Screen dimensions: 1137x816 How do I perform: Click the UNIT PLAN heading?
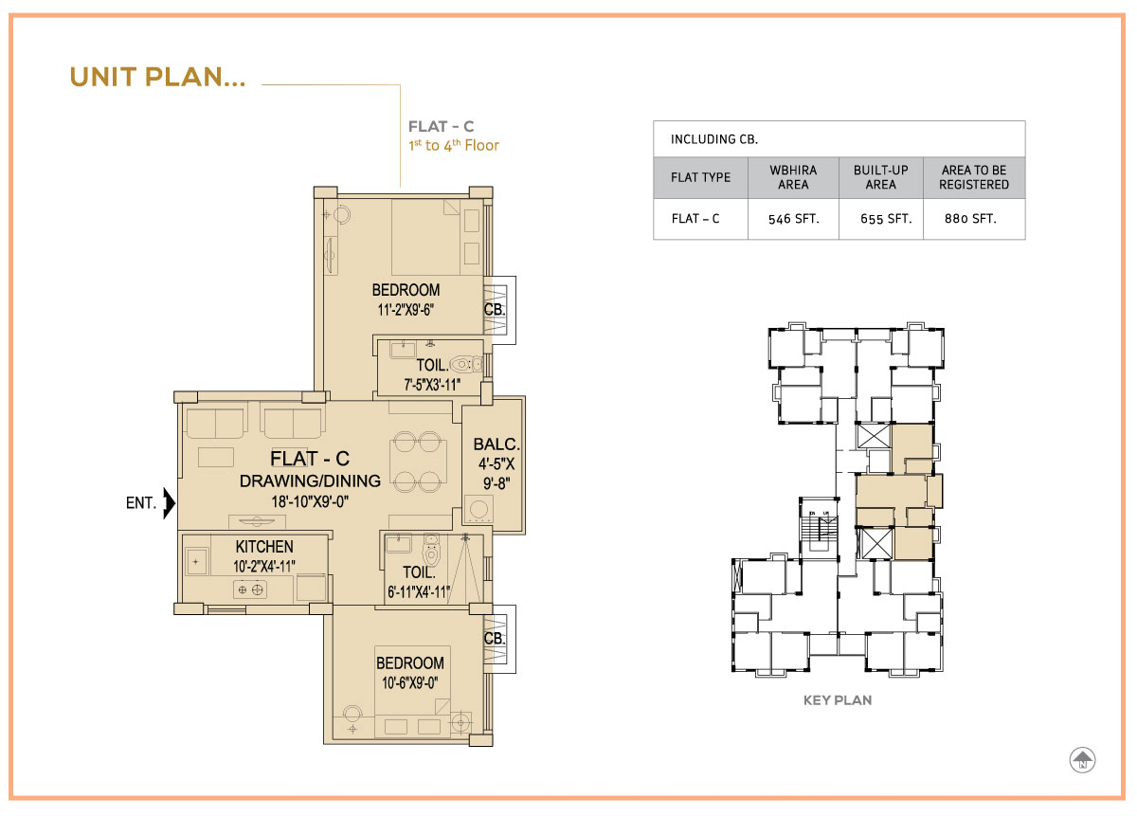click(x=157, y=77)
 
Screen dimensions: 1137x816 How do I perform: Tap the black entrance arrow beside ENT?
click(x=170, y=503)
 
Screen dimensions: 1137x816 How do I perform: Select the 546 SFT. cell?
click(x=793, y=219)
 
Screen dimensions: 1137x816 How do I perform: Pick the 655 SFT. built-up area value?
click(x=886, y=219)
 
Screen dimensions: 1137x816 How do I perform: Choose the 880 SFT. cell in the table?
click(x=970, y=219)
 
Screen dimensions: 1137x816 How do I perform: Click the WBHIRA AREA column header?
click(x=793, y=177)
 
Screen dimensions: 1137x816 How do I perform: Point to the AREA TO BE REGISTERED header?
click(x=974, y=177)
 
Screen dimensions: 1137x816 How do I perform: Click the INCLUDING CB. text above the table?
click(x=714, y=139)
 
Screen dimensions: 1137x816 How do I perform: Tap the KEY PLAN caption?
click(x=838, y=700)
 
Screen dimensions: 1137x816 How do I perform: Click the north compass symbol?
click(x=1082, y=760)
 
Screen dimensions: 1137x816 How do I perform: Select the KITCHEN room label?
click(x=264, y=547)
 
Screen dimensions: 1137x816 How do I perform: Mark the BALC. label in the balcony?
click(x=496, y=444)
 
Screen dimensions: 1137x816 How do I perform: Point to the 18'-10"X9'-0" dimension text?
click(x=310, y=501)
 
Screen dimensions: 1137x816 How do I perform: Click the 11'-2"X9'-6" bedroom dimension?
click(x=406, y=309)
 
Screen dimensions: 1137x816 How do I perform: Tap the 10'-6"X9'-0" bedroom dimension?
click(x=409, y=682)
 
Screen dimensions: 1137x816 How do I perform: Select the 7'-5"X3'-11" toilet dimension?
click(x=432, y=385)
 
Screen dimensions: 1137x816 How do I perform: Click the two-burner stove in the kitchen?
click(x=250, y=589)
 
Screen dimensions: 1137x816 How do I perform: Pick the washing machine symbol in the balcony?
click(x=478, y=509)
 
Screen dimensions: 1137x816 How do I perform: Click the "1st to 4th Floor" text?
click(x=454, y=146)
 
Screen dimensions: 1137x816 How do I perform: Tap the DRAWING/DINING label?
click(x=310, y=481)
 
